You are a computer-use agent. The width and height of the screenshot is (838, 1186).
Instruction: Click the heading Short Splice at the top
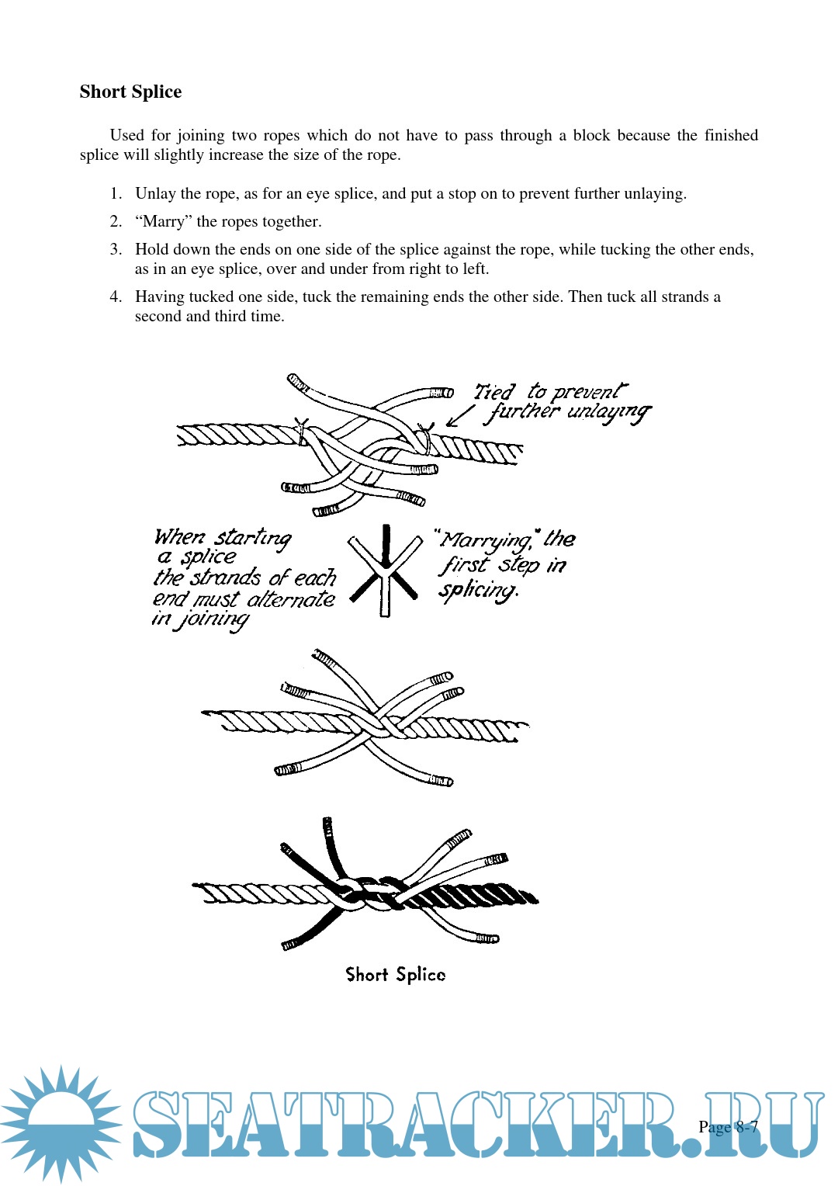[130, 92]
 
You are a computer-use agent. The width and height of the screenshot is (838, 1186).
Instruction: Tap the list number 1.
[115, 193]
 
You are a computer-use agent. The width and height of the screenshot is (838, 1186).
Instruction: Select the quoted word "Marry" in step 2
[163, 221]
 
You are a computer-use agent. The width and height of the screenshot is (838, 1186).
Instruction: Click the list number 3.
[115, 249]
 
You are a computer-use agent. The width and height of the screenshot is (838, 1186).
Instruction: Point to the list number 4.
[115, 296]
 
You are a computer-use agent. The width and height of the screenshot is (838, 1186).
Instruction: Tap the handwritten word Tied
[494, 392]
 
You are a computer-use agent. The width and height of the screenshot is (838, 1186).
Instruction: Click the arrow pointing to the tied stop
[461, 416]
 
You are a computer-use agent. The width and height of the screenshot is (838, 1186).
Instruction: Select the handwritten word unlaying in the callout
[608, 411]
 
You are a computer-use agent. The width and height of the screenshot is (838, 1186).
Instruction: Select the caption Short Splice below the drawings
[395, 975]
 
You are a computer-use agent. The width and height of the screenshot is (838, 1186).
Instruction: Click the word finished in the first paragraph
[731, 135]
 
